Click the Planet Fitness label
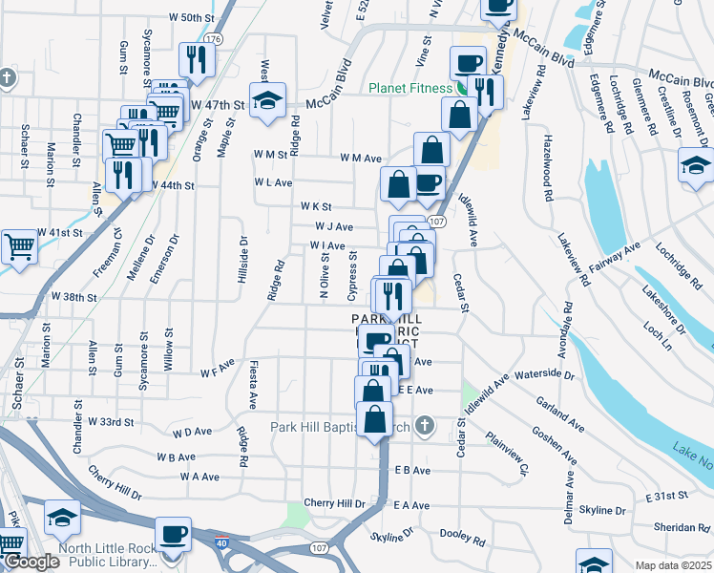pos(410,89)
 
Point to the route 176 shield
pos(212,39)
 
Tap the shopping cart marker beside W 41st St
pos(19,246)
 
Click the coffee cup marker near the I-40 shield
pos(174,534)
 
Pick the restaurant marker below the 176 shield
pos(197,59)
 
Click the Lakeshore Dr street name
pos(664,308)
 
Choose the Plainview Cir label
pos(507,453)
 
